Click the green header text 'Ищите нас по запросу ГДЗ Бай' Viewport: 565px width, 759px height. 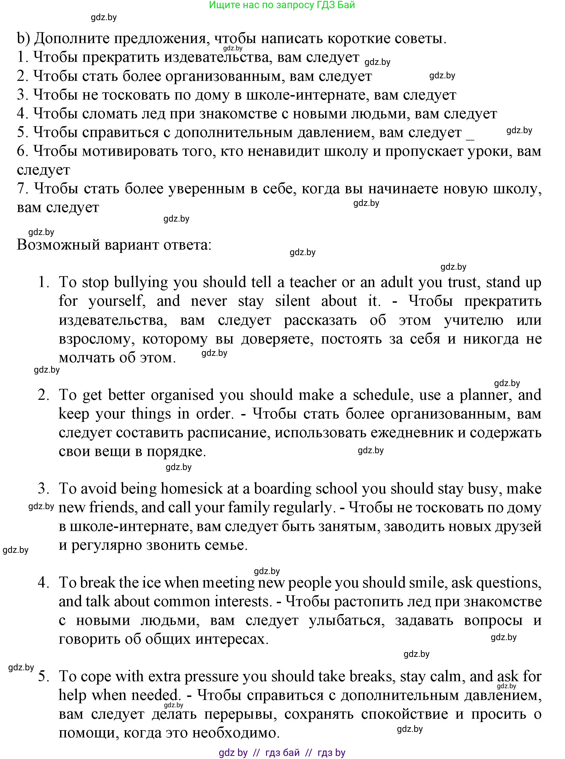coord(282,5)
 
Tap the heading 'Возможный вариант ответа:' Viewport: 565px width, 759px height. coord(114,245)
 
